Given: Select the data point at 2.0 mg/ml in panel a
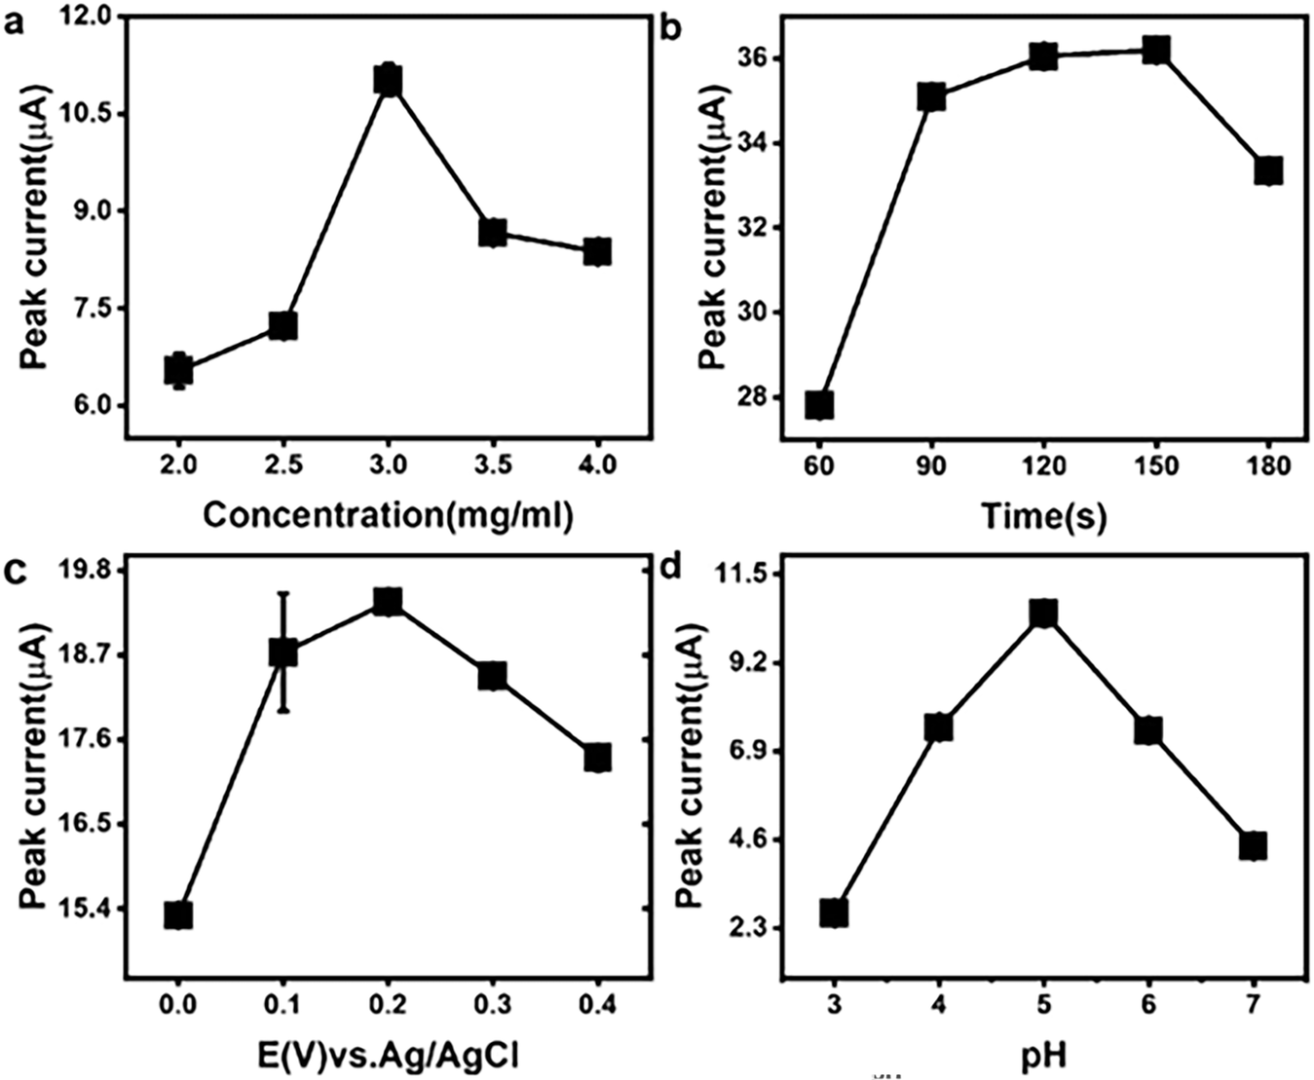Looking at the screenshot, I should (178, 370).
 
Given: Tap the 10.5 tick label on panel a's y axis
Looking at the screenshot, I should (84, 113).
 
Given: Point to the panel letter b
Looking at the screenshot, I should (671, 28).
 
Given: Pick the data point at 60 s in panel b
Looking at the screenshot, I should (819, 404).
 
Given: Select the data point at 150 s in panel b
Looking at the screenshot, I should (1155, 51).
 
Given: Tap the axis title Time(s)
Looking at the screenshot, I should (1043, 515).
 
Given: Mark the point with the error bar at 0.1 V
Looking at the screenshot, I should (282, 652).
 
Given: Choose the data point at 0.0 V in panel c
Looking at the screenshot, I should (178, 914).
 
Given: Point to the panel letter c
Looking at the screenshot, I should (15, 572).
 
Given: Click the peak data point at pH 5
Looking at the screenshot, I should (1043, 614).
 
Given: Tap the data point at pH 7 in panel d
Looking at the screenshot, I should (1253, 845).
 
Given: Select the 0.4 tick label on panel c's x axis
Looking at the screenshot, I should (597, 1003).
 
